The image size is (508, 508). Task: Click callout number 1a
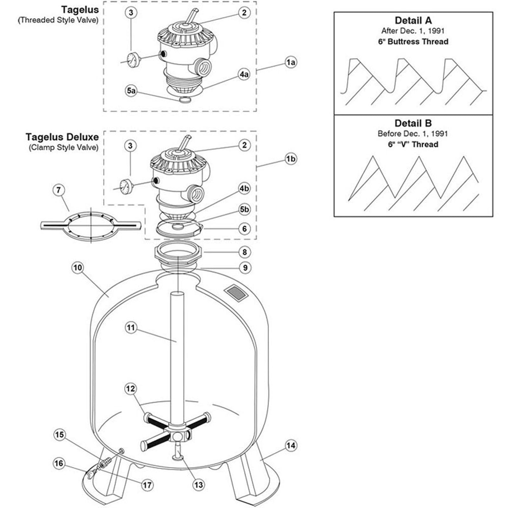pos(291,63)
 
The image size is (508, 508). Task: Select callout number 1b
pos(291,158)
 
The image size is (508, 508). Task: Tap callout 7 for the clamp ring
pos(59,190)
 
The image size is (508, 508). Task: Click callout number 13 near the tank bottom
pos(199,485)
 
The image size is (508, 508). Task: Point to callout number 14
pos(291,445)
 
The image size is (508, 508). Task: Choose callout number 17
pos(147,485)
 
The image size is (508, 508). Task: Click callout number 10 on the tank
pos(78,268)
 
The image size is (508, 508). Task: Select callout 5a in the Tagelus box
pos(131,91)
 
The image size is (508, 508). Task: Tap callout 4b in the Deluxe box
pos(244,188)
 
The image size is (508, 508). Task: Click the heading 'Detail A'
pos(413,21)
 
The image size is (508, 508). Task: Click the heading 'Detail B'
pos(413,123)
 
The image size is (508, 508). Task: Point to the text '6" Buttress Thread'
pos(413,42)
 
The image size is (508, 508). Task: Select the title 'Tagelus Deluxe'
pos(62,137)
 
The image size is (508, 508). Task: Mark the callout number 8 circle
pos(244,252)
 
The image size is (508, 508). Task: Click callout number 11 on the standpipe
pos(131,328)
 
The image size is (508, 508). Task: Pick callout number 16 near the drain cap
pos(59,463)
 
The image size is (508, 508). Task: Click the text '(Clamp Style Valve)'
pos(63,148)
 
